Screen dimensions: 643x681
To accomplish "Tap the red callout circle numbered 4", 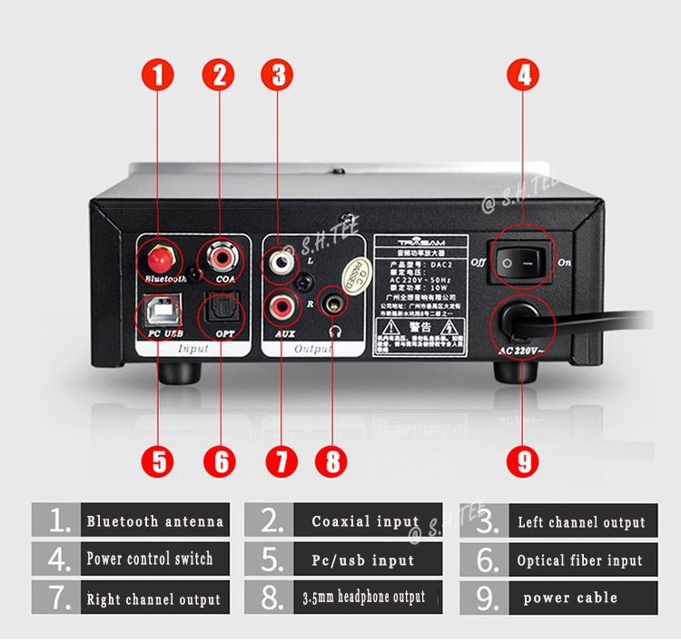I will pos(523,74).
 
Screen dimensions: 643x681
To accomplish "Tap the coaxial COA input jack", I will pos(219,257).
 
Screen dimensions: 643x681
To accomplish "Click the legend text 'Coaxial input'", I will pos(365,521).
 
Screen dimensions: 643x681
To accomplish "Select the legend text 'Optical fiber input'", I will pos(579,560).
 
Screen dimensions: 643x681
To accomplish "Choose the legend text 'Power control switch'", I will pos(150,559).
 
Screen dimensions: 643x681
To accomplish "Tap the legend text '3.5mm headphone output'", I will pos(363,598).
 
